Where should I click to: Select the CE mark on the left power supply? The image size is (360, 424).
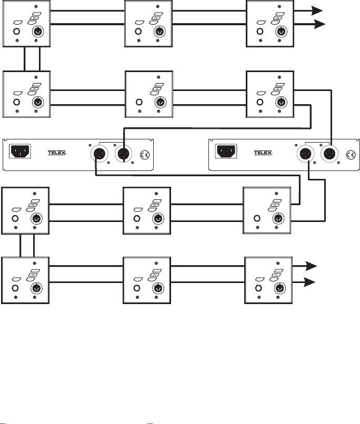146,155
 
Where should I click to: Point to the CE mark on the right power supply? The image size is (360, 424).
351,155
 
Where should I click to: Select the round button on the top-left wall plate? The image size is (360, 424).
16,31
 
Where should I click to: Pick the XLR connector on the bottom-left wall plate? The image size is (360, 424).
38,288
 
